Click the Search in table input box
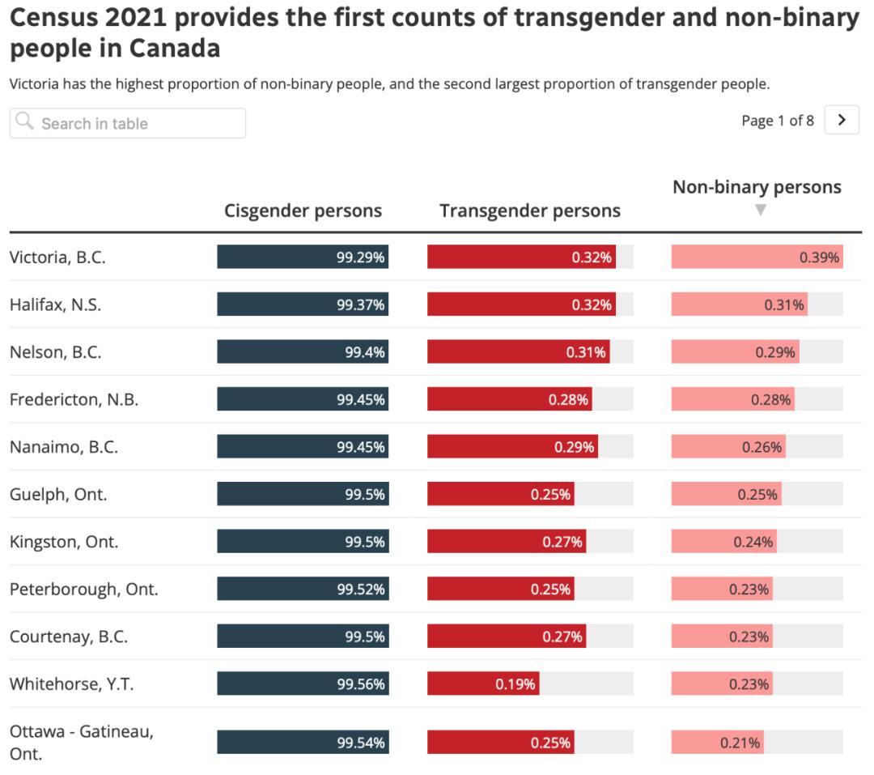pyautogui.click(x=128, y=123)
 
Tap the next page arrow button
pyautogui.click(x=842, y=121)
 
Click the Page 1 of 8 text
pyautogui.click(x=777, y=121)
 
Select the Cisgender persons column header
pyautogui.click(x=303, y=211)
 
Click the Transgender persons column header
pyautogui.click(x=530, y=211)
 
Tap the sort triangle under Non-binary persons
pyautogui.click(x=759, y=211)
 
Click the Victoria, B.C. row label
pyautogui.click(x=57, y=258)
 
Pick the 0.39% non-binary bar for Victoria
pyautogui.click(x=757, y=258)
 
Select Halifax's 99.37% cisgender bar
pyautogui.click(x=303, y=305)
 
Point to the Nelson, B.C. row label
pyautogui.click(x=55, y=352)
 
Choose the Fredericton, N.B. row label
pyautogui.click(x=74, y=399)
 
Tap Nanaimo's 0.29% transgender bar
pyautogui.click(x=512, y=447)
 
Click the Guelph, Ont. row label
pyautogui.click(x=58, y=494)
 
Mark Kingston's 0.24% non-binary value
pyautogui.click(x=753, y=542)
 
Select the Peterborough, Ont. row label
pyautogui.click(x=83, y=589)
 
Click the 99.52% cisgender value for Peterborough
pyautogui.click(x=361, y=590)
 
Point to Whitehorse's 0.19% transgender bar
pyautogui.click(x=483, y=684)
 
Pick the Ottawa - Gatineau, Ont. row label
pyautogui.click(x=81, y=742)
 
